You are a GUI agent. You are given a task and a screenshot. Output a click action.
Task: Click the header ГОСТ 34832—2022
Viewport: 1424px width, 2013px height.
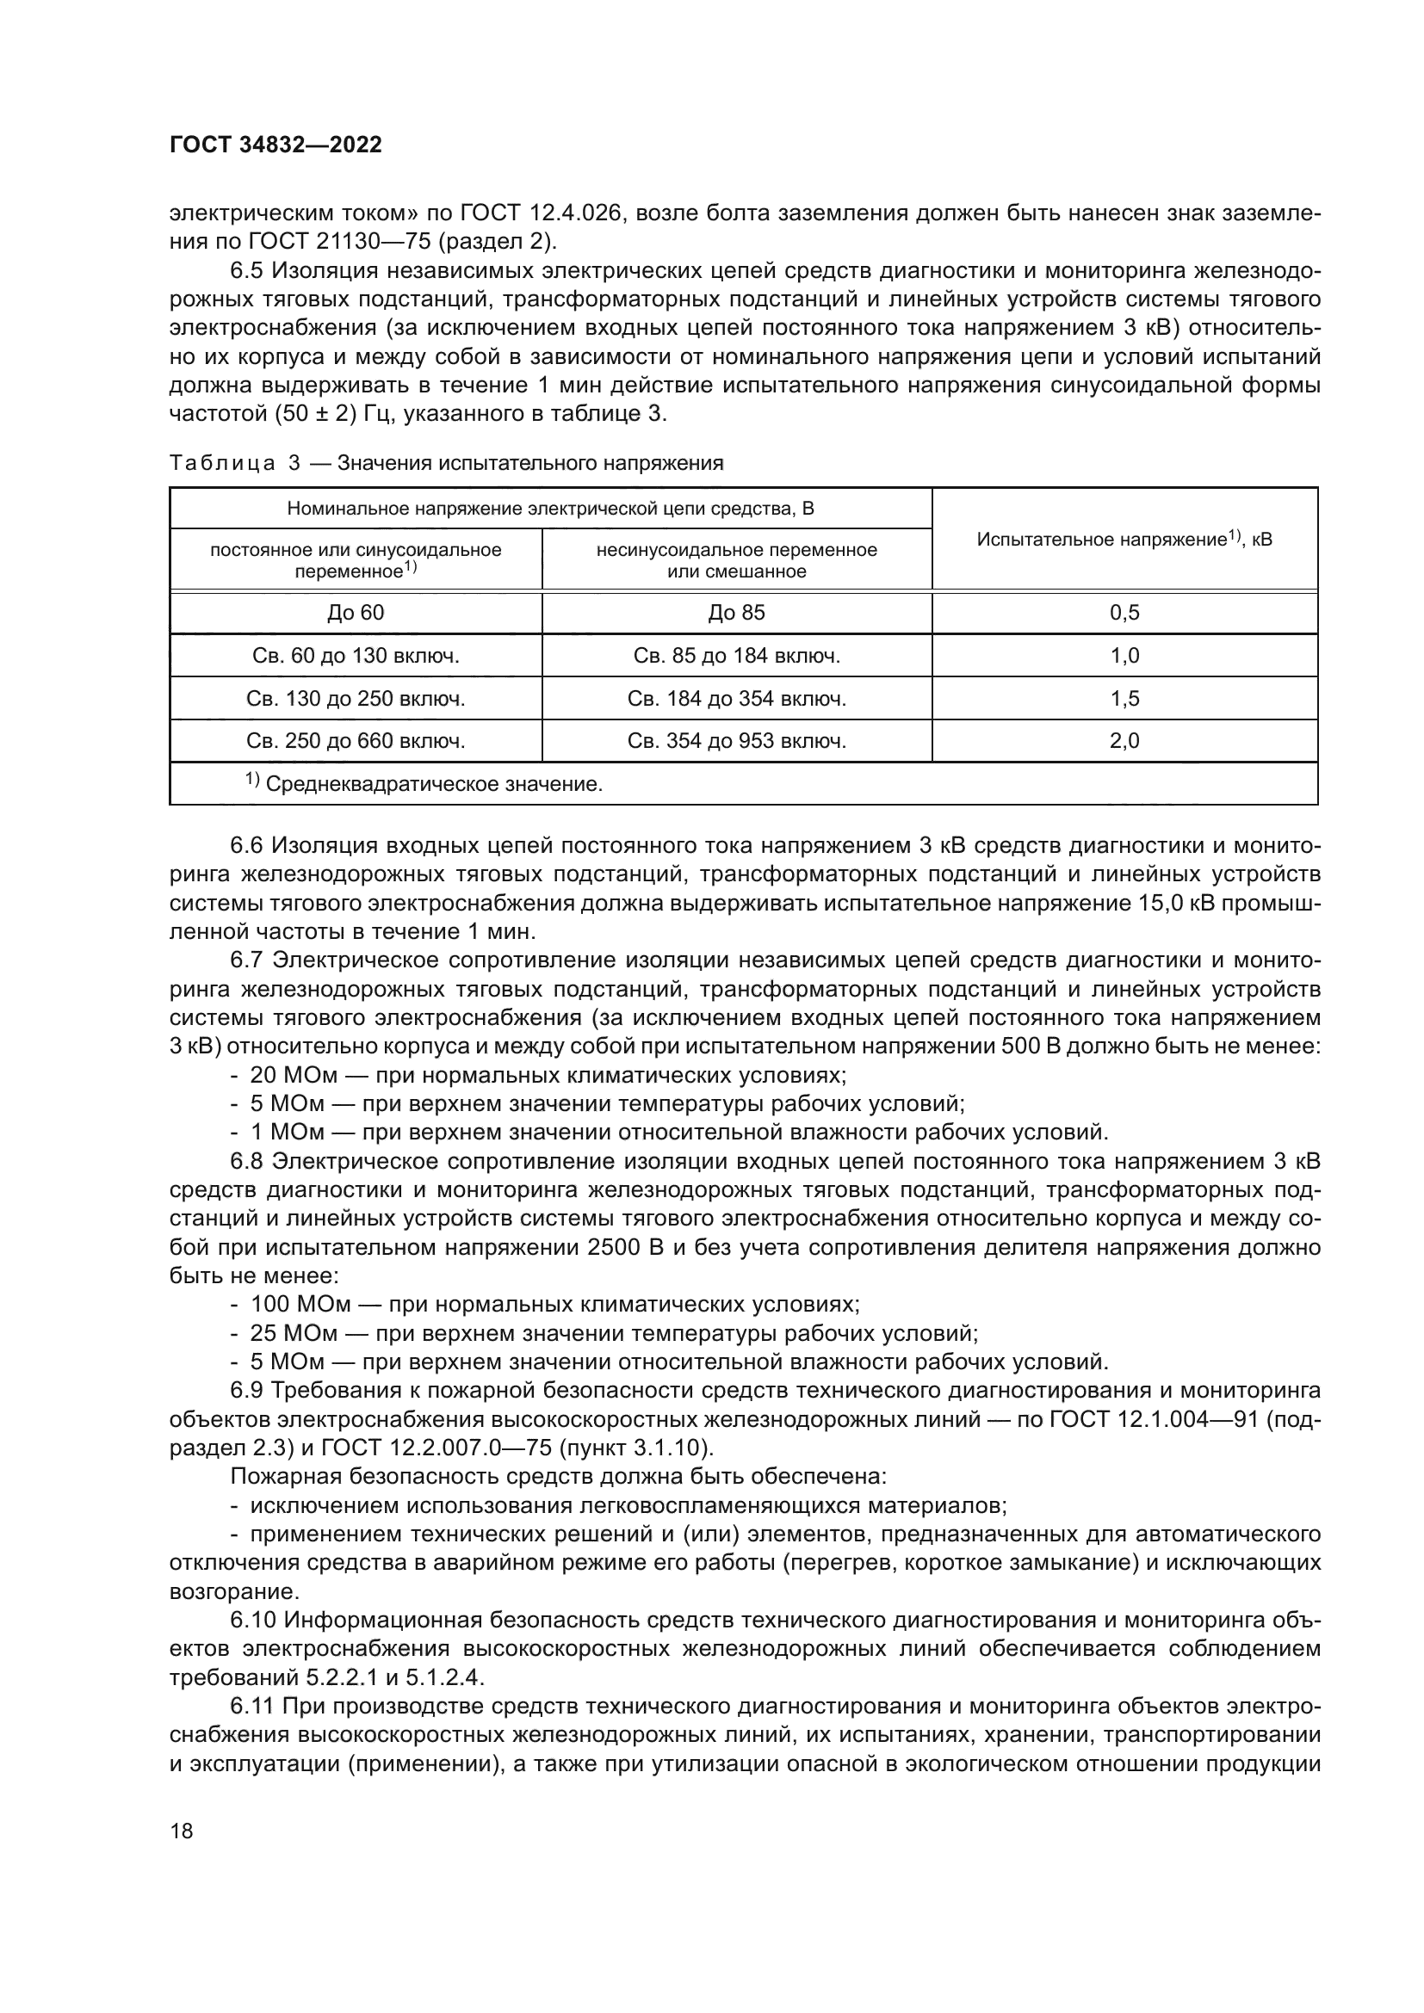point(276,145)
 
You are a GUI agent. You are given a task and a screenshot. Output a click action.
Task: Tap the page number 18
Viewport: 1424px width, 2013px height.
point(182,1831)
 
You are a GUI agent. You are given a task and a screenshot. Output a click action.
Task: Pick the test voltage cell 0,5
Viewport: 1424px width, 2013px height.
point(1124,613)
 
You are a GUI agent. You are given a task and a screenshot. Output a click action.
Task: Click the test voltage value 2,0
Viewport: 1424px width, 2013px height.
point(1124,742)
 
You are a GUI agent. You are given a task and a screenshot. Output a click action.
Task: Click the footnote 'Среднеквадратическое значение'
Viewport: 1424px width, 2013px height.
point(433,785)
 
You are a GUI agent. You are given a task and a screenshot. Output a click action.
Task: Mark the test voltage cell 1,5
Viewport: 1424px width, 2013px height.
point(1124,699)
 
